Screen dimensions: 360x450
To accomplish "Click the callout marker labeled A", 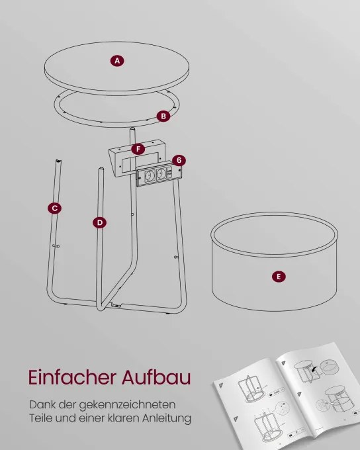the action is point(117,61).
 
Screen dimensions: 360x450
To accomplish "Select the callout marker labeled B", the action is point(163,116).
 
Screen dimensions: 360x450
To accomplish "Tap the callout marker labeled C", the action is point(54,208).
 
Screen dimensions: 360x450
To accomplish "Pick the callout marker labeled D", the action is point(100,223).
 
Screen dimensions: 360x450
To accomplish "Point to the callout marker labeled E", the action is point(279,277).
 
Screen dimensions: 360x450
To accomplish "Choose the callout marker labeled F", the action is point(138,150).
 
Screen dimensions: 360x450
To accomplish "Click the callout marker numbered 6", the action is point(179,160).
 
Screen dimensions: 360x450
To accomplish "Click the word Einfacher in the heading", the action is point(72,377).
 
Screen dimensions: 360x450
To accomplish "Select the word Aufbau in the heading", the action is point(156,377).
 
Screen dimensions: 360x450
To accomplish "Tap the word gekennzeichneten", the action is point(127,405).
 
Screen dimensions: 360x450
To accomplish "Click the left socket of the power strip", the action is point(150,175).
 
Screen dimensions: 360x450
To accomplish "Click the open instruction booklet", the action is point(287,396).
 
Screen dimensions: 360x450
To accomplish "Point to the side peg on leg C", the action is point(56,246).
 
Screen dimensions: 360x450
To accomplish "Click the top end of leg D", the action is point(101,169).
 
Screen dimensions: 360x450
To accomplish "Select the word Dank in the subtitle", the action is point(42,405).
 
